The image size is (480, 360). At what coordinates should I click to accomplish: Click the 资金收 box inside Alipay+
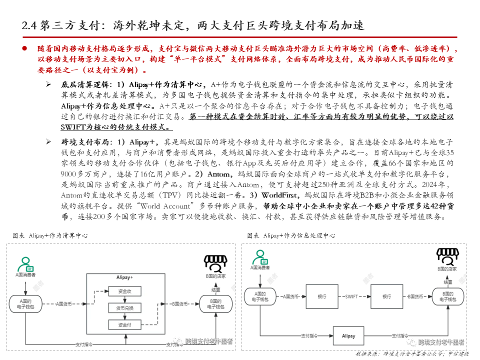125,291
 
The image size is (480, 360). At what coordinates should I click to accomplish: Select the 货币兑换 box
125,307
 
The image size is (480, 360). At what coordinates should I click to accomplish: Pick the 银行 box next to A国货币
321,296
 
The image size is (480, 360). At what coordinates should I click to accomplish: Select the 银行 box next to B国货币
387,296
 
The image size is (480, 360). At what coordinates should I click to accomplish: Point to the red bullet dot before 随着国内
23,48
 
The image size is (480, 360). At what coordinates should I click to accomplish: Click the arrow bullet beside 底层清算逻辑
48,84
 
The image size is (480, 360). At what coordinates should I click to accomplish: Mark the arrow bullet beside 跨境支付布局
48,141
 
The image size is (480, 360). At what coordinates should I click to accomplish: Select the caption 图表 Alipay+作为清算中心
50,235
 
